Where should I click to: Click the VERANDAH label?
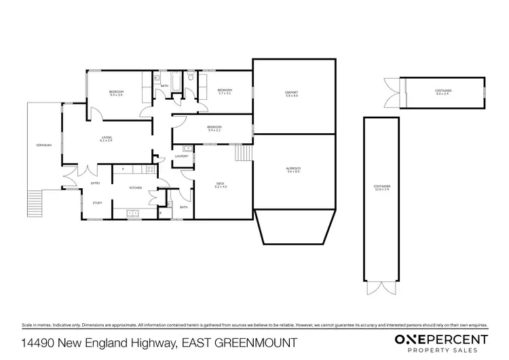[44, 146]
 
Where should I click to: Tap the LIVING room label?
[107, 138]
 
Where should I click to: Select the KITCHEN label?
[136, 187]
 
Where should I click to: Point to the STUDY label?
[98, 202]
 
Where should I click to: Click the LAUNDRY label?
[181, 156]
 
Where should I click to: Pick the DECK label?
[220, 181]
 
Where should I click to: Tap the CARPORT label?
[292, 92]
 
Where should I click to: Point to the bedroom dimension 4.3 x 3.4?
[116, 96]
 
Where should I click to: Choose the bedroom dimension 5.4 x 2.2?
[214, 129]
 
